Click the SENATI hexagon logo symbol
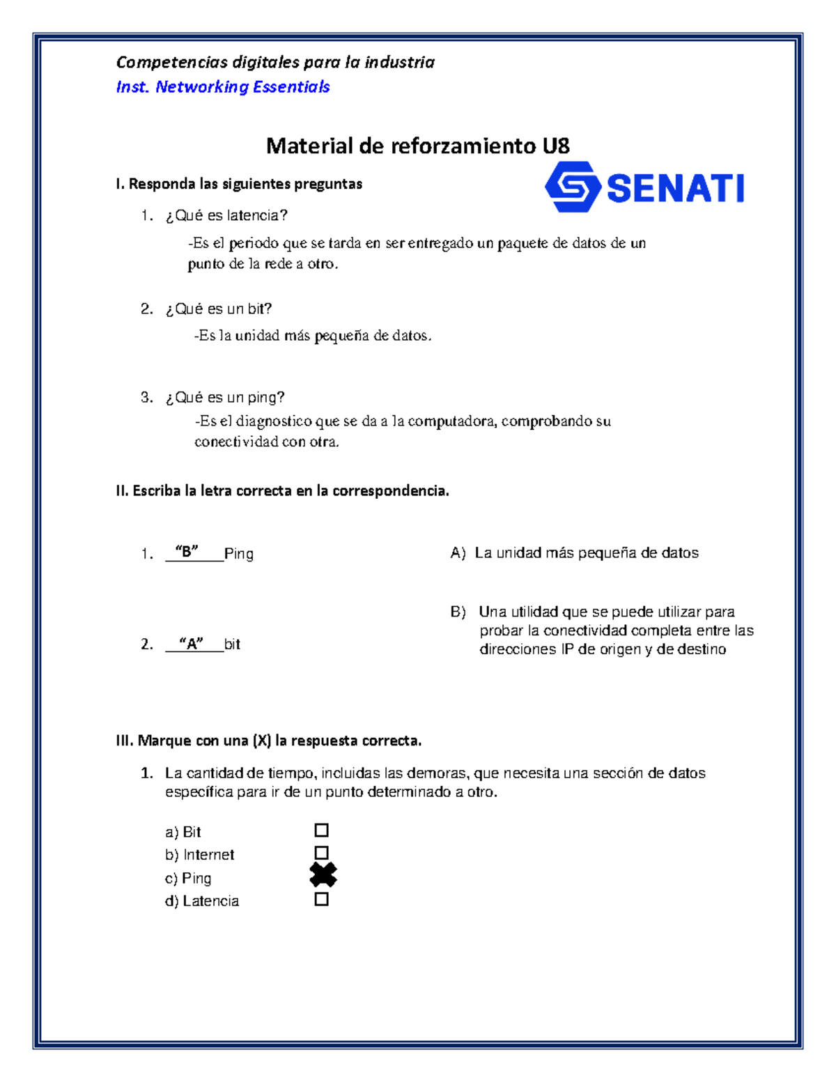572,187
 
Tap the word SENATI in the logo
675,188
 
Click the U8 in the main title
556,146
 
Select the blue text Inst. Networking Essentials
223,87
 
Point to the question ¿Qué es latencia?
226,216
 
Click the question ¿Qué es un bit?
218,309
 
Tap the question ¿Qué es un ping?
225,397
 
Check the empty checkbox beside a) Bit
321,830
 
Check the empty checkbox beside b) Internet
321,853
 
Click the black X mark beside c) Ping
323,875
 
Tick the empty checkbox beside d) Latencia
321,899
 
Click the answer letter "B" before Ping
187,552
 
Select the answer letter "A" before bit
191,643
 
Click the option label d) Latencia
202,901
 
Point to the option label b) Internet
199,855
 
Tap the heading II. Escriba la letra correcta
282,490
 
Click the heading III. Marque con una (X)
268,741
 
